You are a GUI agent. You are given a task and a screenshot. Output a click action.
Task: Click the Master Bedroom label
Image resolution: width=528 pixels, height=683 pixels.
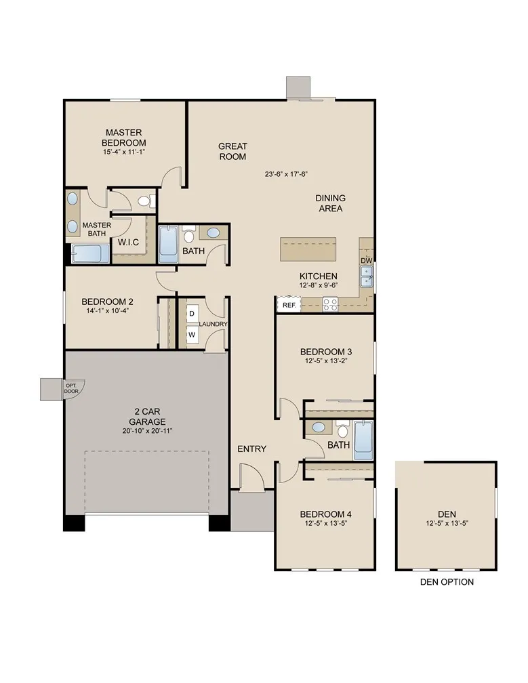tap(124, 138)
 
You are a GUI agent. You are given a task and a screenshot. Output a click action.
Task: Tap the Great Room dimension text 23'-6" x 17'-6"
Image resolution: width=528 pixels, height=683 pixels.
tap(286, 174)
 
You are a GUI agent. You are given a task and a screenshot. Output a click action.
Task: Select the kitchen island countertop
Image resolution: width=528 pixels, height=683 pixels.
tap(309, 249)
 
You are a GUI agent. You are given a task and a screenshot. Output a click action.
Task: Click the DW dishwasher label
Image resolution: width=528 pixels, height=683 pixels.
tap(366, 261)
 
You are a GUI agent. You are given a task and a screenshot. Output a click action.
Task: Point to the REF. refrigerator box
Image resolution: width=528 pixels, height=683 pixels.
tap(289, 306)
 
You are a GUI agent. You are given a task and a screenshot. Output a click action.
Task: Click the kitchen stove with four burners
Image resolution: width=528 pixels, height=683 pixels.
tap(330, 304)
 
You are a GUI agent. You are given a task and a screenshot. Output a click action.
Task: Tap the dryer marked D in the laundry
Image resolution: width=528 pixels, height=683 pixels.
tap(192, 314)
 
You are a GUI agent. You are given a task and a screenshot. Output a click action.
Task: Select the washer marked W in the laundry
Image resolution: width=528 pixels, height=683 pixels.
tap(192, 334)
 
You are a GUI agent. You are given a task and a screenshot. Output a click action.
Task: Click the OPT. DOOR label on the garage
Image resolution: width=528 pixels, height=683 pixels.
tap(71, 388)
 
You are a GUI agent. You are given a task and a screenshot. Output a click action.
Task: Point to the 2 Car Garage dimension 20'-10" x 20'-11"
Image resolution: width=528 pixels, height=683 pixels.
tap(147, 431)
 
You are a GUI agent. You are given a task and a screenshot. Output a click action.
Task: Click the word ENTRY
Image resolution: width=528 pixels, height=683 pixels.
tap(251, 449)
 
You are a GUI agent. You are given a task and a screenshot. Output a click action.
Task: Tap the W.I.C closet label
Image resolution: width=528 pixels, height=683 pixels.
tap(129, 242)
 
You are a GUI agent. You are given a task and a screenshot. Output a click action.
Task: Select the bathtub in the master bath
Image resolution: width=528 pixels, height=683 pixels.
tap(90, 254)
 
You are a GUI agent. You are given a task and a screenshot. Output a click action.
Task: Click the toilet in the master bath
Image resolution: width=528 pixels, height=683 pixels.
tap(144, 201)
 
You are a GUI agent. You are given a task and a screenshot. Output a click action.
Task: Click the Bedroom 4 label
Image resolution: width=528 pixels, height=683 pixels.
tap(325, 514)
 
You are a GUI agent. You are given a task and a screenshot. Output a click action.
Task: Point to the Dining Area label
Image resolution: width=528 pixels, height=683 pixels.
tap(330, 203)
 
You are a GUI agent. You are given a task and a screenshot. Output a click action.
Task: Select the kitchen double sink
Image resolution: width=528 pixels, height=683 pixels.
tap(366, 276)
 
